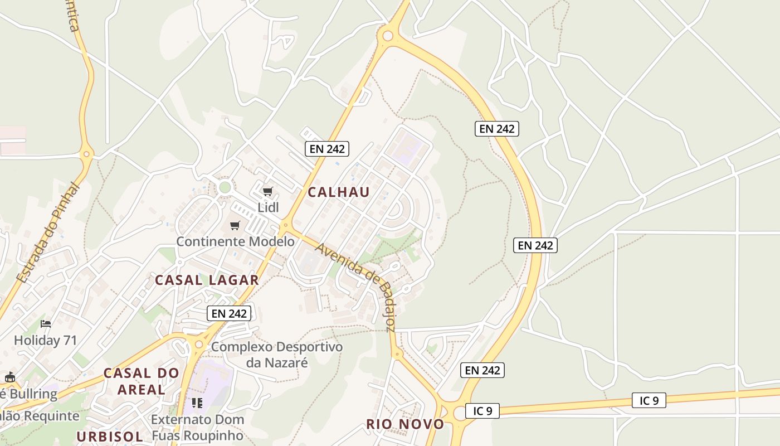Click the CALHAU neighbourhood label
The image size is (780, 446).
(x=339, y=192)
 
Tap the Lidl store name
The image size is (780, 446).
(x=268, y=207)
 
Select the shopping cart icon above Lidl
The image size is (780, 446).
(x=268, y=192)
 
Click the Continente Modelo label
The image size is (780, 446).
(x=235, y=241)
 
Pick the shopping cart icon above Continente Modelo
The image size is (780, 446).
(x=235, y=226)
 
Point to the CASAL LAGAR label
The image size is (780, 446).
(x=207, y=280)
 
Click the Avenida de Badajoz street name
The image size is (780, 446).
(x=355, y=287)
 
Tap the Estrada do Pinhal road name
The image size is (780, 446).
(x=48, y=233)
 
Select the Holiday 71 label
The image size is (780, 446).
(x=45, y=340)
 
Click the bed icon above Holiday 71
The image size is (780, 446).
(x=46, y=324)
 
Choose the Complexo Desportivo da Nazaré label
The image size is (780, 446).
(x=277, y=355)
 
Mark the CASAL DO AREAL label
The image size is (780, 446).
(x=142, y=381)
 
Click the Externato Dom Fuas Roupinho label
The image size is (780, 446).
(x=197, y=427)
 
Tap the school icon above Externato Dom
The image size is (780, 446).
(x=197, y=403)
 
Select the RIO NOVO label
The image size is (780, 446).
(x=405, y=424)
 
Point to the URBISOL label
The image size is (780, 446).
(x=110, y=437)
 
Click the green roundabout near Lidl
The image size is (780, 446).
(x=225, y=187)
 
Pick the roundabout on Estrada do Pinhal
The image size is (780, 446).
(x=86, y=153)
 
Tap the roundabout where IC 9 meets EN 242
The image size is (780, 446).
(x=460, y=412)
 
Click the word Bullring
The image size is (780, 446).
(x=33, y=394)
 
